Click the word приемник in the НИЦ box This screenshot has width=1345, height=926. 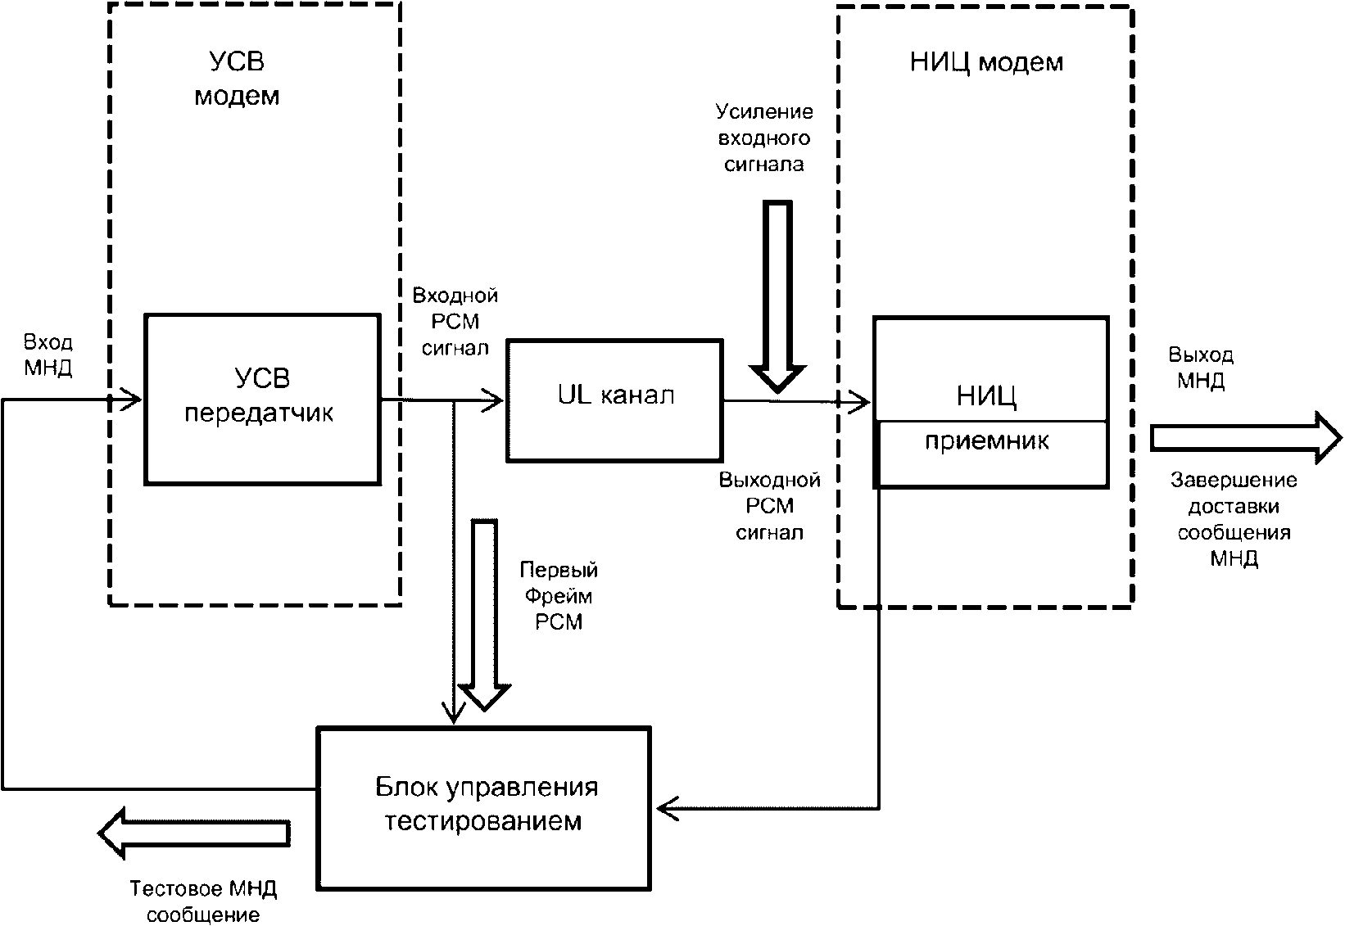tap(987, 442)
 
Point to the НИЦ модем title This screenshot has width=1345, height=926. tap(986, 63)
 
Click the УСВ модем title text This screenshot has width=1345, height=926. tap(237, 79)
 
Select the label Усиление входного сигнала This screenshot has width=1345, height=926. tap(763, 138)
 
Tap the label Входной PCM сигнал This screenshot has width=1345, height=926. tap(455, 321)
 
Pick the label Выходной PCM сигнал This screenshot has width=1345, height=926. tap(769, 506)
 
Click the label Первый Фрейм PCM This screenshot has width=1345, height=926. tap(559, 595)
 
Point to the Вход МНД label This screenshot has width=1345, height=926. tap(48, 355)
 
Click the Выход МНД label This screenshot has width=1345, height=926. tap(1201, 368)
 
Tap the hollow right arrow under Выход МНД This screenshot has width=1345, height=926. tap(1245, 439)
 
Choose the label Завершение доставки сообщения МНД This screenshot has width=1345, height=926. tap(1234, 519)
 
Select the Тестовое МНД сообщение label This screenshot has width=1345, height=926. tap(204, 901)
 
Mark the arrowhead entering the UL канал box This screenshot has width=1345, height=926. tap(494, 400)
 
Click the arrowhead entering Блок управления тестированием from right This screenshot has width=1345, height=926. tap(667, 809)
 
